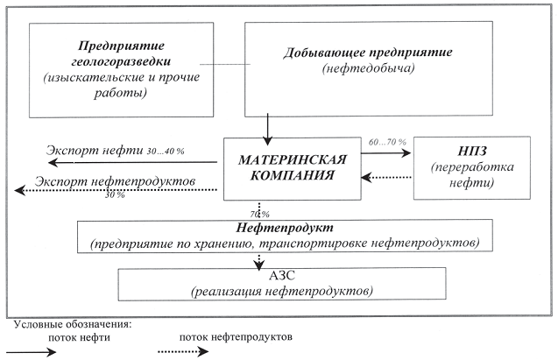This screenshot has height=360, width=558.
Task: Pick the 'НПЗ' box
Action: coord(470,165)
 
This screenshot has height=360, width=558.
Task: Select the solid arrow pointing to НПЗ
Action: coord(385,152)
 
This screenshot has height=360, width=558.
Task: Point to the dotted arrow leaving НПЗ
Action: coord(385,178)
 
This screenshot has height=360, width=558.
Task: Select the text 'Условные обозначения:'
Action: coord(72,324)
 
